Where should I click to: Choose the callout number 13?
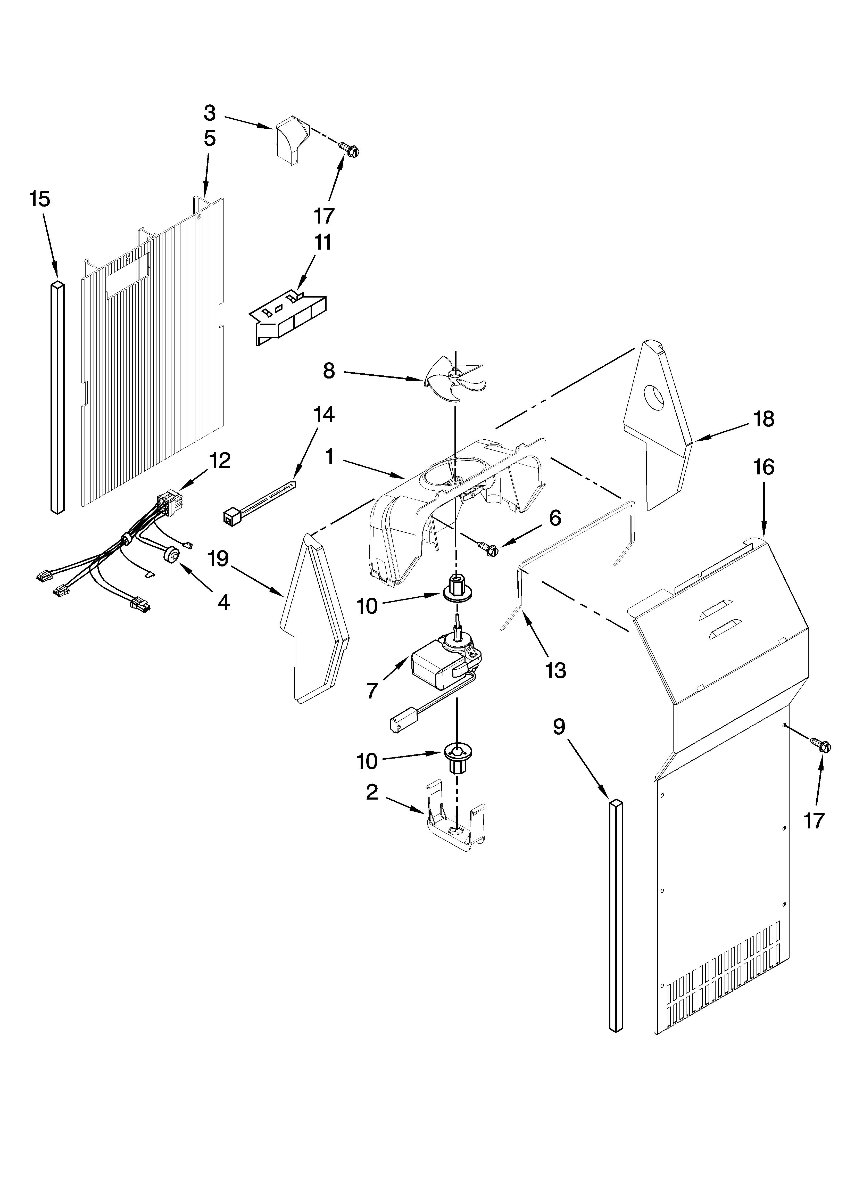click(556, 670)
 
